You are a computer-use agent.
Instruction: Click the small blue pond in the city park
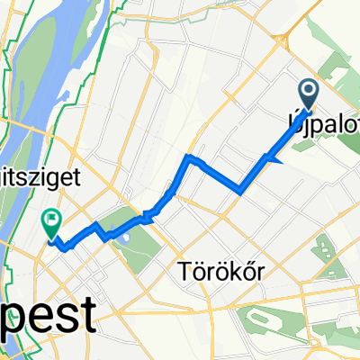coord(124,236)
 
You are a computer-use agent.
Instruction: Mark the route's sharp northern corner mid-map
coord(187,157)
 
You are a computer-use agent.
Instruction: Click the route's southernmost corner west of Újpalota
coord(241,190)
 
